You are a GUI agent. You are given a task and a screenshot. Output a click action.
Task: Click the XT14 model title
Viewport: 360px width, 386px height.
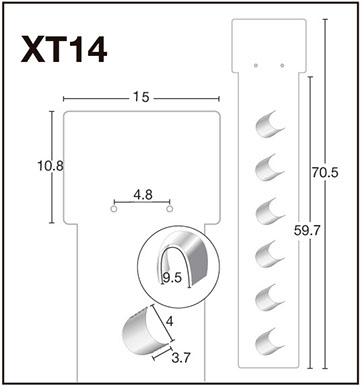pos(64,50)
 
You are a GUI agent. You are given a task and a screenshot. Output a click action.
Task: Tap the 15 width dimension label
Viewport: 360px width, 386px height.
pos(141,97)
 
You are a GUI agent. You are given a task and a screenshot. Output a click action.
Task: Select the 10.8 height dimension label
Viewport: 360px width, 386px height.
pos(50,166)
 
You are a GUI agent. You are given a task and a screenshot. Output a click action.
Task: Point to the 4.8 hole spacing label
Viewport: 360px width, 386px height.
pos(143,195)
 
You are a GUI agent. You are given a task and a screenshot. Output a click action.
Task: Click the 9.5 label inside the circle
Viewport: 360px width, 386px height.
pos(172,277)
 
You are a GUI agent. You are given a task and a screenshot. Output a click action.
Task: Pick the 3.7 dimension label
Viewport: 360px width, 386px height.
pos(180,358)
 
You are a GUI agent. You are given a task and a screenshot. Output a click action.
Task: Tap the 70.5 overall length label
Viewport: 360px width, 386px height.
pos(325,173)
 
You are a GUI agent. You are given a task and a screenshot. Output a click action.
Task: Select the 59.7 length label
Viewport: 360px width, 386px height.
pos(307,230)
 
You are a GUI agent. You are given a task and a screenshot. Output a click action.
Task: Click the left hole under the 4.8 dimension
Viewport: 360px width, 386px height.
pos(114,209)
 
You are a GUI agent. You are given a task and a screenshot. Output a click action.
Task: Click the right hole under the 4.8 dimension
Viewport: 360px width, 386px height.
pos(170,209)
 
